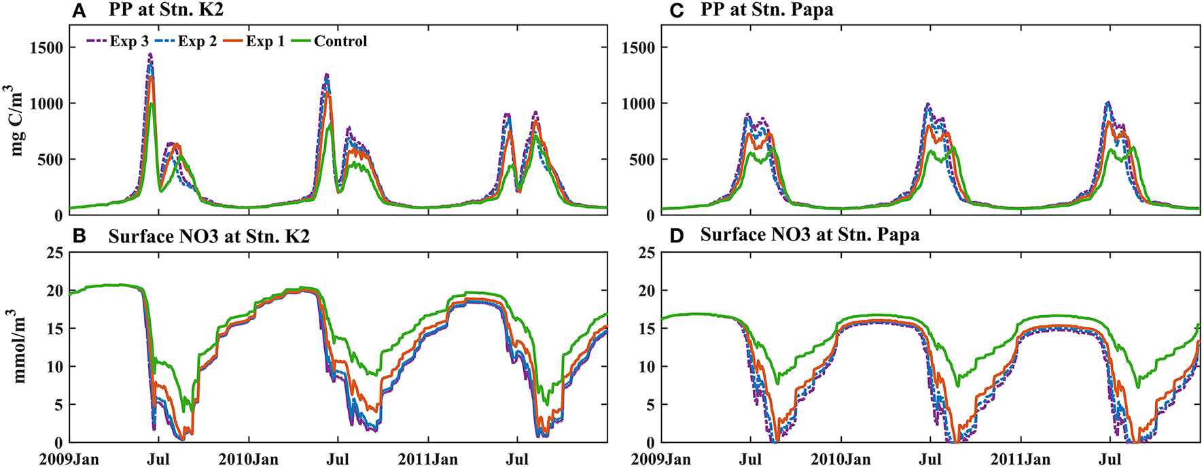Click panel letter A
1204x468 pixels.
[79, 10]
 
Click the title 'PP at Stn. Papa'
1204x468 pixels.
[766, 10]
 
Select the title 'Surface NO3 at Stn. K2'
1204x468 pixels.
[209, 236]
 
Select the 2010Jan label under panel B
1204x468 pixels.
[248, 460]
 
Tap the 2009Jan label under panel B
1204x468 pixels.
[69, 460]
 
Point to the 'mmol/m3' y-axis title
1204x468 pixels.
[17, 346]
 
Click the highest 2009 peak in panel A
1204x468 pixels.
[150, 54]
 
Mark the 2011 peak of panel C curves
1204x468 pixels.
[1108, 103]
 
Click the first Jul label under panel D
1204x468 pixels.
[750, 460]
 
